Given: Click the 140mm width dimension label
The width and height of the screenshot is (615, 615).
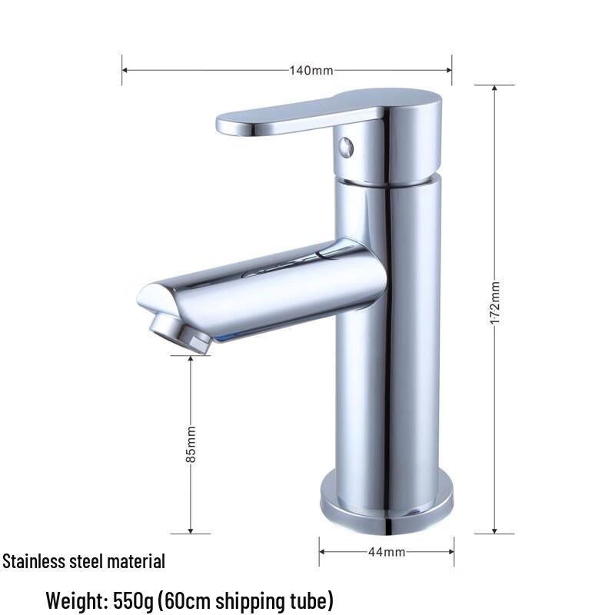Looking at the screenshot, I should (x=311, y=71).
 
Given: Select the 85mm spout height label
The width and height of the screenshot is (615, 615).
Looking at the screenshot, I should (x=191, y=444).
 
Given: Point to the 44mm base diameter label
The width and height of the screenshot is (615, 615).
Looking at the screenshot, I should (x=387, y=552).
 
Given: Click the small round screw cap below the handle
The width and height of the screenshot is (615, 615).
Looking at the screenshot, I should (x=347, y=146).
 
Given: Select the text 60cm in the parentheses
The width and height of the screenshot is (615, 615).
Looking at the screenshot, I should (x=201, y=598).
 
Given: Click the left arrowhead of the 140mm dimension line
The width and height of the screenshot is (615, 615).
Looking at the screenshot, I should (x=125, y=71).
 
